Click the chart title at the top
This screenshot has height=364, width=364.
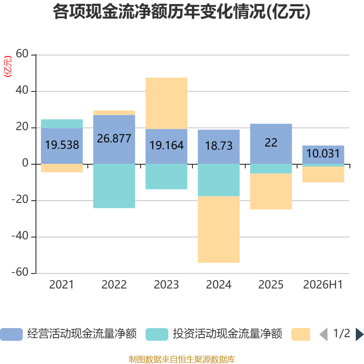tap(182, 12)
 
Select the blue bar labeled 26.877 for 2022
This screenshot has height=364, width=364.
tap(114, 140)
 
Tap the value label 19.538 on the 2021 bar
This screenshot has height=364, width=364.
tap(62, 145)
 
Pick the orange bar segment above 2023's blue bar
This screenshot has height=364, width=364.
tap(167, 103)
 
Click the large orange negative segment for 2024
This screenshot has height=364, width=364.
tap(219, 229)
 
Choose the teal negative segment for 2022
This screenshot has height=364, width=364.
tap(114, 186)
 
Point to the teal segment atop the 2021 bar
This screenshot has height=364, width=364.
tap(62, 124)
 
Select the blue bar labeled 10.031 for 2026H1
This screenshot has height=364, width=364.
tap(323, 155)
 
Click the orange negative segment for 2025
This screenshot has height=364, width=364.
tap(271, 191)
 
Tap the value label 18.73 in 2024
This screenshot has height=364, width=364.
tap(219, 146)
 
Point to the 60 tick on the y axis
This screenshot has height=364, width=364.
tap(22, 54)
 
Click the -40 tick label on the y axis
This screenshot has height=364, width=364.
tap(20, 236)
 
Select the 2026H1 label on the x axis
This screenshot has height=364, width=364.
tap(323, 285)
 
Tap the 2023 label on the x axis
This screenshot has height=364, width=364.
tap(166, 285)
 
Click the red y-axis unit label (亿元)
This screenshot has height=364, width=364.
tap(8, 66)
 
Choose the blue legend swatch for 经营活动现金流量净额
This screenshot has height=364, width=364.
tap(11, 334)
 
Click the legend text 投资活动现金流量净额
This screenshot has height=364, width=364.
tap(227, 334)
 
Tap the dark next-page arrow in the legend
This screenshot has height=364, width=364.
tap(359, 334)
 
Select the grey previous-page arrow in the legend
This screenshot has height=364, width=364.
tap(324, 334)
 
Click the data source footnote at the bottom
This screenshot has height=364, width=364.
tap(182, 359)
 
